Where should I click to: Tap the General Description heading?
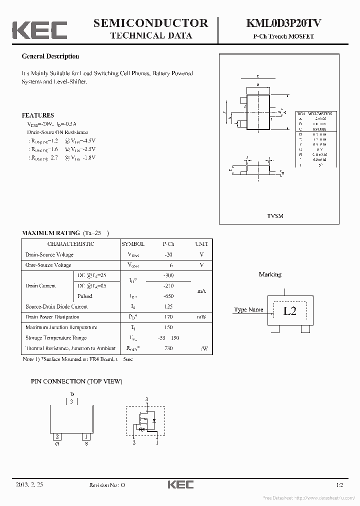click(50, 56)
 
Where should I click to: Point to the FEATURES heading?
click(37, 115)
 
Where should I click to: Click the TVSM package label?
click(275, 216)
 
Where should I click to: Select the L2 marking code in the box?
click(289, 310)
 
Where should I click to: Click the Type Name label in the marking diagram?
click(248, 310)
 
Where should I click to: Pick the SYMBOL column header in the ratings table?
click(132, 244)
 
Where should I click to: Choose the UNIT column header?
click(201, 244)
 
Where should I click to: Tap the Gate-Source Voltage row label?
click(48, 265)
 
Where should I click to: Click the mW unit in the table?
click(201, 317)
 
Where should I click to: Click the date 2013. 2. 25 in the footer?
click(29, 485)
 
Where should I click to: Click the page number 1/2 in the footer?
click(340, 485)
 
